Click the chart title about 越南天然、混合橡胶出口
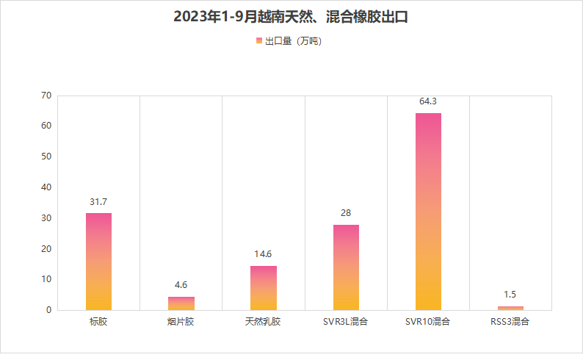pyautogui.click(x=291, y=17)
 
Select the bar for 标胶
pyautogui.click(x=98, y=261)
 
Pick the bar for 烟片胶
pyautogui.click(x=181, y=303)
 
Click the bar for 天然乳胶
pyautogui.click(x=264, y=287)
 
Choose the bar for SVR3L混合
pyautogui.click(x=346, y=267)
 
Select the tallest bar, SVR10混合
pyautogui.click(x=428, y=212)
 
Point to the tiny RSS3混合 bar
pyautogui.click(x=510, y=308)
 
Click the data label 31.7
pyautogui.click(x=98, y=202)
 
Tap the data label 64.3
pyautogui.click(x=428, y=101)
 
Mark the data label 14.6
pyautogui.click(x=264, y=254)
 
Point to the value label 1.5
pyautogui.click(x=510, y=295)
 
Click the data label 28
pyautogui.click(x=346, y=213)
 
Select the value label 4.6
pyautogui.click(x=181, y=285)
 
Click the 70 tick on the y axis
pyautogui.click(x=46, y=96)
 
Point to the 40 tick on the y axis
pyautogui.click(x=46, y=187)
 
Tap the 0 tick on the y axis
pyautogui.click(x=49, y=310)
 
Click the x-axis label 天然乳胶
pyautogui.click(x=264, y=322)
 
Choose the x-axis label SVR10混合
pyautogui.click(x=428, y=322)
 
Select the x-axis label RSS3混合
pyautogui.click(x=510, y=322)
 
